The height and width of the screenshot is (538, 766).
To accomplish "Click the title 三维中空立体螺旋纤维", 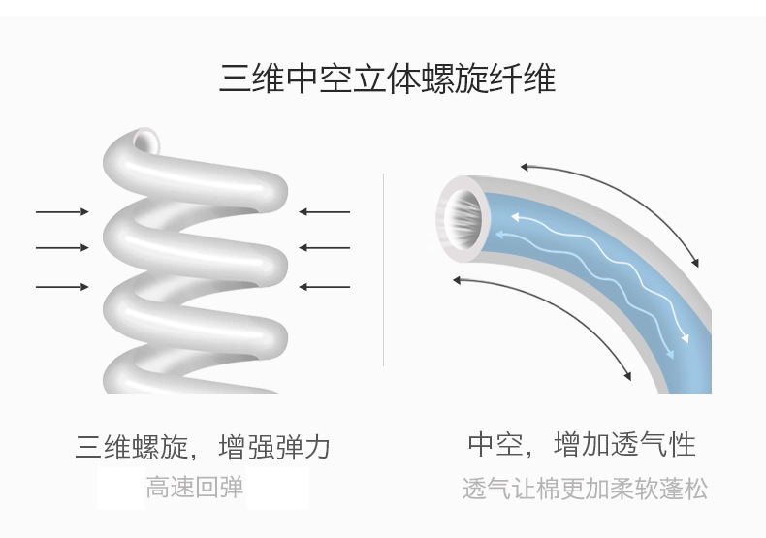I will [387, 79].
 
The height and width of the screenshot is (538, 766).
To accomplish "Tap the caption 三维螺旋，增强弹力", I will [203, 447].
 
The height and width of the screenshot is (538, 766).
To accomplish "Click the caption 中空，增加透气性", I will [581, 445].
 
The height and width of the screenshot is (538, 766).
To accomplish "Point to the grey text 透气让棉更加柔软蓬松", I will [585, 489].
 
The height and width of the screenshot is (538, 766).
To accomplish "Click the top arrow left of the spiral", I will [62, 211].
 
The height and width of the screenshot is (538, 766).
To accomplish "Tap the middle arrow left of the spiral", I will [62, 248].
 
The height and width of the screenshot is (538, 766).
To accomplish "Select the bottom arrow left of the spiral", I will [62, 287].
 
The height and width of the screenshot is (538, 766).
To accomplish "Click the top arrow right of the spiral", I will [324, 211].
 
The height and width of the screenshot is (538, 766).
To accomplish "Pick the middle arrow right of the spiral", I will [324, 248].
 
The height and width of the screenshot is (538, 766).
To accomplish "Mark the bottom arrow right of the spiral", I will [324, 287].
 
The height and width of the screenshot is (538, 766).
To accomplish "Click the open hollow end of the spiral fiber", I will [146, 141].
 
